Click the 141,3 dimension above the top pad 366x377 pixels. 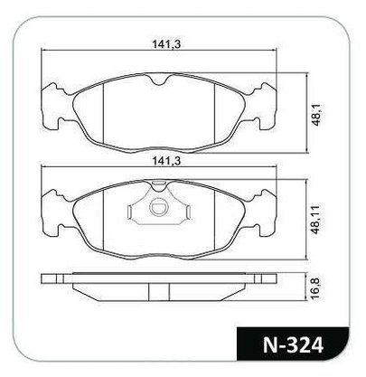click(x=166, y=44)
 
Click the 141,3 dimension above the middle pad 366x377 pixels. click(x=166, y=161)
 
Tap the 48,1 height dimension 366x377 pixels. click(x=317, y=116)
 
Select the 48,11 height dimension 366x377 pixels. click(x=315, y=220)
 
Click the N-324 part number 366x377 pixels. click(x=294, y=344)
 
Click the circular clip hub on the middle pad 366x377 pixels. click(x=158, y=207)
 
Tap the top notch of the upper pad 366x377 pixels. click(x=159, y=80)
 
